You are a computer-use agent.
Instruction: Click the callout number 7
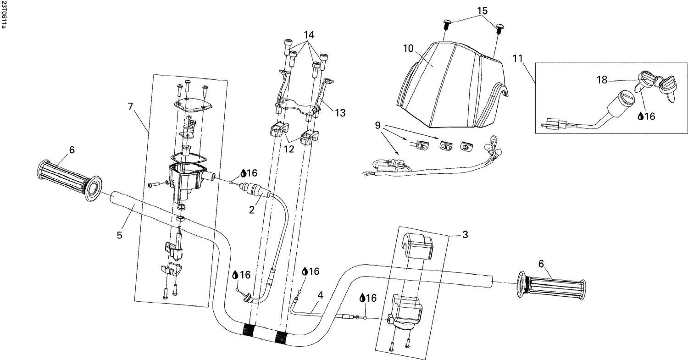(131, 106)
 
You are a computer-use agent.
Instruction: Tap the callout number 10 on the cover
(409, 48)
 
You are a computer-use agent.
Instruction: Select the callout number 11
(517, 58)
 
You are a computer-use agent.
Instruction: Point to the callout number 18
(602, 80)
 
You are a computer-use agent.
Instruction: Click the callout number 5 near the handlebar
(119, 235)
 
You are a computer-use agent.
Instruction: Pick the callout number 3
(465, 235)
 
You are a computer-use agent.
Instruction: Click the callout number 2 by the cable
(251, 210)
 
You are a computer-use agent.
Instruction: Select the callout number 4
(320, 296)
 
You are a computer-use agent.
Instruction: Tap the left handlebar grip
(69, 179)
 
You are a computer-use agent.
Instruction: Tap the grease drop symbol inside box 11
(641, 116)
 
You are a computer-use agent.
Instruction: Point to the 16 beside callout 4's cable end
(314, 271)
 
